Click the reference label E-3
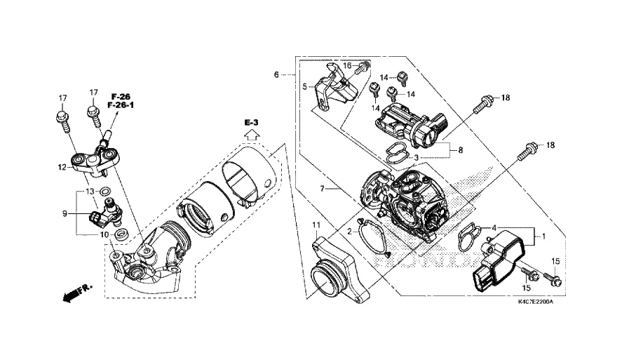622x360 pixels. click(251, 123)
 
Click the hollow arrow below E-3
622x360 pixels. click(251, 135)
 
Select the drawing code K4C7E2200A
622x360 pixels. click(536, 302)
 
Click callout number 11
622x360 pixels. click(316, 225)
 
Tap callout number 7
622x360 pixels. click(322, 189)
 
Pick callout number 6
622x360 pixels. click(276, 74)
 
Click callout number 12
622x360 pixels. click(62, 168)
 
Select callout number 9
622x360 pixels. click(65, 213)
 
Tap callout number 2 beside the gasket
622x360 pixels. click(349, 232)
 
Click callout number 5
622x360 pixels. click(304, 86)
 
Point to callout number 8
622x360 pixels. click(461, 150)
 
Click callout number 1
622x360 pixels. click(544, 236)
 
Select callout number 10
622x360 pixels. click(104, 235)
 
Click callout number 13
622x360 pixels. click(90, 192)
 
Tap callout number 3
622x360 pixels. click(416, 158)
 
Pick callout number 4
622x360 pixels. click(494, 228)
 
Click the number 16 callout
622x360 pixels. click(347, 65)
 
